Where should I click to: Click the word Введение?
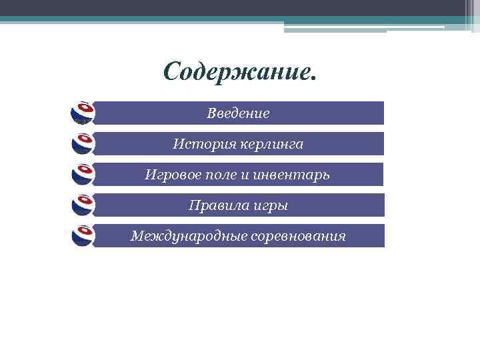click(238, 113)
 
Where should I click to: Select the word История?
click(197, 144)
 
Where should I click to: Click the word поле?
click(219, 175)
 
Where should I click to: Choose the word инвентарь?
click(291, 175)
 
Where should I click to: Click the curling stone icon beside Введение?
click(83, 113)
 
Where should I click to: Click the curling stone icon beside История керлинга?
click(83, 143)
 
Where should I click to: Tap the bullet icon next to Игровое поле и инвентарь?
click(83, 174)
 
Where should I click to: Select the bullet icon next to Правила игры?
click(83, 205)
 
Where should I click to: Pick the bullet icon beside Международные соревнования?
click(83, 235)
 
